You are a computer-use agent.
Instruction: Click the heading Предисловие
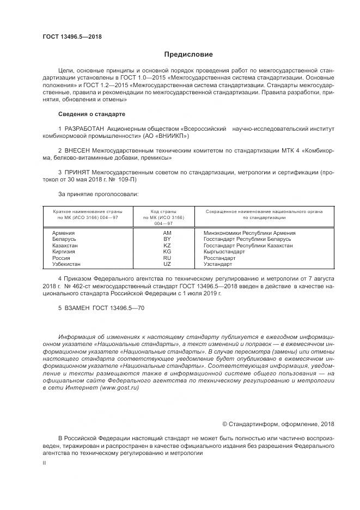188,54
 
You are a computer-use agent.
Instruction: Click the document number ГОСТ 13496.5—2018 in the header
72,37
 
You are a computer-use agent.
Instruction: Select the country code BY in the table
167,239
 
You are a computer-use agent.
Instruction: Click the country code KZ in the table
167,245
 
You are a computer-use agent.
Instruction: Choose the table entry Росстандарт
219,258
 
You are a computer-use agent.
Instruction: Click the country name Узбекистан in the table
66,264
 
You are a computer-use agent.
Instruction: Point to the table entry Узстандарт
217,264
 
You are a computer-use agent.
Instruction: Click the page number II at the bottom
44,462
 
